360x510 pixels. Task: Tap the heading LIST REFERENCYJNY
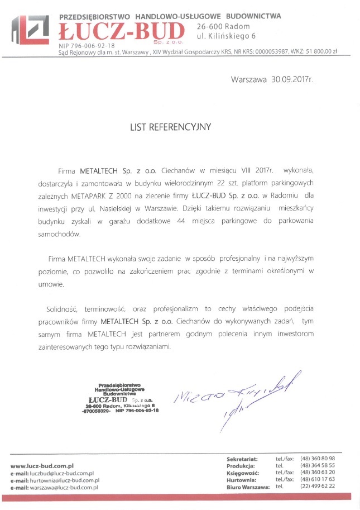click(170, 127)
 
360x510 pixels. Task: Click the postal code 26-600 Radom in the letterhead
click(223, 26)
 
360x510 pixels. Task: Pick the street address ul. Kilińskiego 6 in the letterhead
click(226, 36)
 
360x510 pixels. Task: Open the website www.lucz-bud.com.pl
click(42, 465)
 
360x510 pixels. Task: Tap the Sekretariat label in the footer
click(242, 458)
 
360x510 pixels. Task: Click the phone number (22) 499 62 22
click(318, 487)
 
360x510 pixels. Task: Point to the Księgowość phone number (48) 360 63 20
click(318, 472)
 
